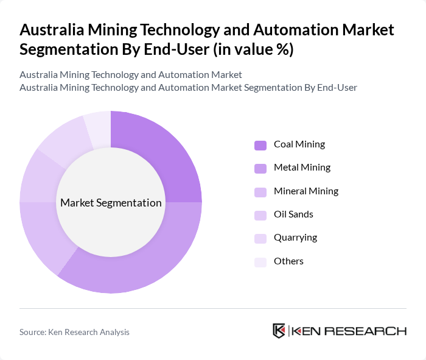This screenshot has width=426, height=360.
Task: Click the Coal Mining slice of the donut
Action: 161,158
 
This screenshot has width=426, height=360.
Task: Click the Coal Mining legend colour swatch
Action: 260,145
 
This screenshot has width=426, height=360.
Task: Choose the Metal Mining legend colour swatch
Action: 260,168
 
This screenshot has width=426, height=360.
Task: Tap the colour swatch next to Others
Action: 260,262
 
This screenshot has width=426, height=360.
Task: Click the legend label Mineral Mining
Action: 306,191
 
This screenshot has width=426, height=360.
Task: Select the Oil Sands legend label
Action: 293,214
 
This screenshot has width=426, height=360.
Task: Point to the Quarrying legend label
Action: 295,238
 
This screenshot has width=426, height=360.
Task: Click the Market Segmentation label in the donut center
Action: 111,203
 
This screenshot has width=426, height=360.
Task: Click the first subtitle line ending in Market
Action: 131,75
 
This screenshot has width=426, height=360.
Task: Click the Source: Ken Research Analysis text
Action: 74,332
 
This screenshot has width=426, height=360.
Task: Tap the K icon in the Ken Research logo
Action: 279,331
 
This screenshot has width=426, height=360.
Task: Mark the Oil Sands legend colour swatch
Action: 260,215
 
